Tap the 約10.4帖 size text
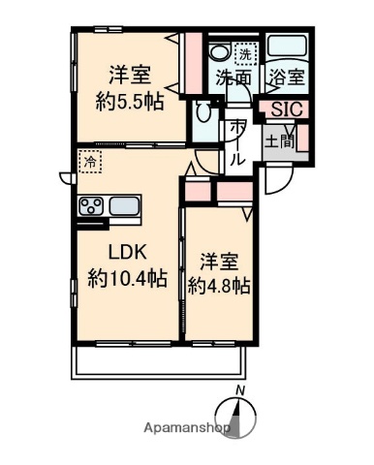(x=127, y=279)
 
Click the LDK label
(x=126, y=254)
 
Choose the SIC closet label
(x=285, y=109)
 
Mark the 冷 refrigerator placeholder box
(x=89, y=163)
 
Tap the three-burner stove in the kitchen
(x=91, y=205)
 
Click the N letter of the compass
(x=243, y=390)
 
